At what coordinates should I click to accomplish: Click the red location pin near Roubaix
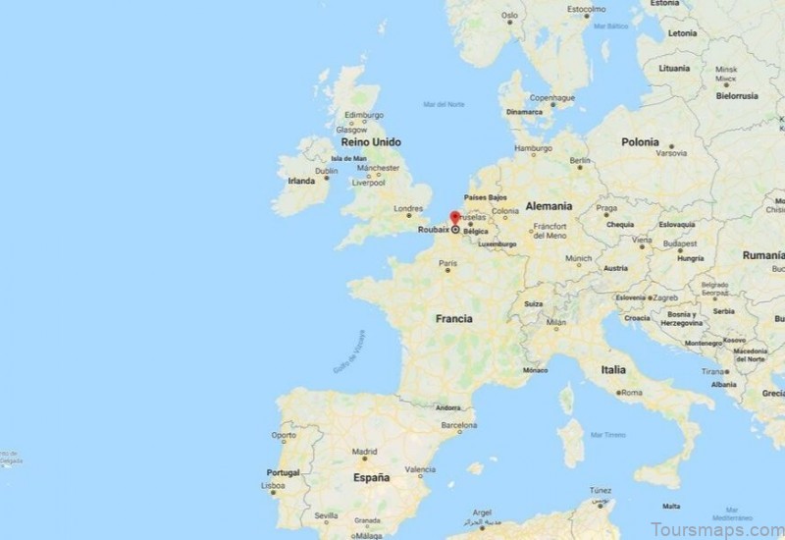click(454, 218)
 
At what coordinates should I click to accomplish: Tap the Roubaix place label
click(432, 230)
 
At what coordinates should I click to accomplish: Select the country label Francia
click(454, 319)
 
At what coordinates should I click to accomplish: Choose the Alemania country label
click(548, 206)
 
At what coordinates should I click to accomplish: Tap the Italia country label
click(613, 370)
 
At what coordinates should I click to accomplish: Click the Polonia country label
click(640, 141)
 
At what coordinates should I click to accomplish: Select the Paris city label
click(448, 263)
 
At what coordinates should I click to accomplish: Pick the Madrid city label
click(364, 453)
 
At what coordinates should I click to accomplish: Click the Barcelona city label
click(458, 426)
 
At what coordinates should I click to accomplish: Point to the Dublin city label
click(327, 171)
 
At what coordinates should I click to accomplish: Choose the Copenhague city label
click(551, 98)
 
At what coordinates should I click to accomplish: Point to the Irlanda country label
click(301, 181)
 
